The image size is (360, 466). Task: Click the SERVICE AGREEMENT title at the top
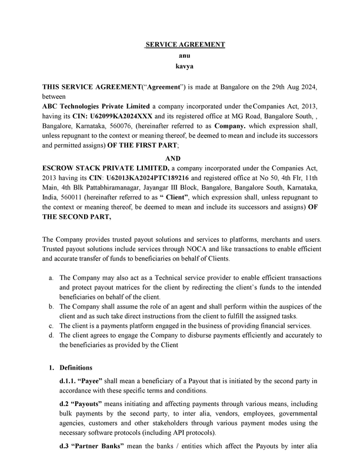(x=185, y=45)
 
